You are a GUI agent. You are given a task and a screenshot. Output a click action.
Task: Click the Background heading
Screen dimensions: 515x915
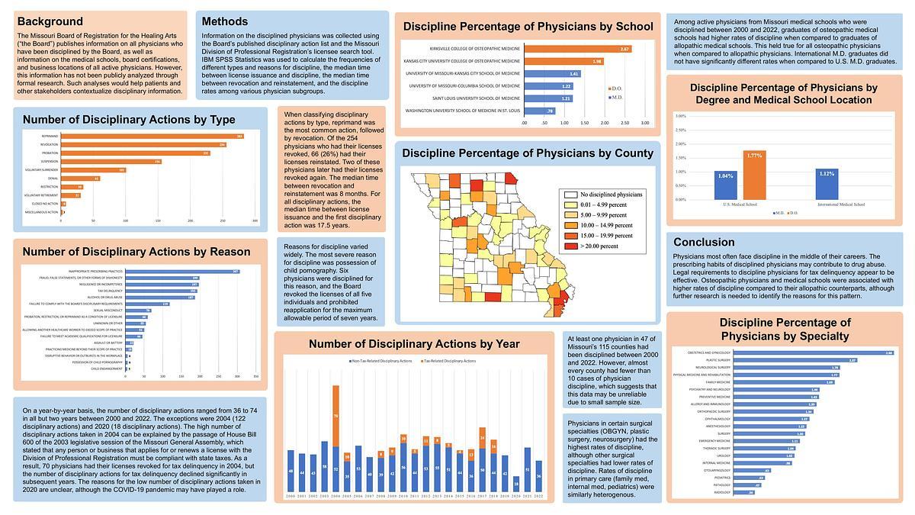(50, 21)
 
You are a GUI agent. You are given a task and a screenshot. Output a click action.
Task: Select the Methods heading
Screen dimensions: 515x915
(225, 21)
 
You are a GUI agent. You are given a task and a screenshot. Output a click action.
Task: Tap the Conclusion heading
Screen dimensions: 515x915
(703, 242)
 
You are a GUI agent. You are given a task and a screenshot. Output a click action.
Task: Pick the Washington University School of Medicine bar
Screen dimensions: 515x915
(539, 111)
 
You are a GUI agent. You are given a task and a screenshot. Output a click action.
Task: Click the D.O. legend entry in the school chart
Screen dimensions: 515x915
(615, 89)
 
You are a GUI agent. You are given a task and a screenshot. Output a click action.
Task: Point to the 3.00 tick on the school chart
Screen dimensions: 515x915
(644, 122)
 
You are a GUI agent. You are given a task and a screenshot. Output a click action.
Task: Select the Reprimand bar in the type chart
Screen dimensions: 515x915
(152, 136)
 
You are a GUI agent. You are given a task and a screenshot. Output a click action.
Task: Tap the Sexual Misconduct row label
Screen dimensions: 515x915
(111, 311)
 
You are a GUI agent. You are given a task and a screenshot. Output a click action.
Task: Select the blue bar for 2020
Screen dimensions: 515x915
(516, 483)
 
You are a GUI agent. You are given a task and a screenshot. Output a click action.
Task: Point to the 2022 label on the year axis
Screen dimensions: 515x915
(539, 496)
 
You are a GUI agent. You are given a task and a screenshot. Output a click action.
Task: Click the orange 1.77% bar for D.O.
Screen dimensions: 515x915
(753, 175)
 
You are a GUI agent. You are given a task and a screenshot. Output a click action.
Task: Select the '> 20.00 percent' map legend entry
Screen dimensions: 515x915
(599, 247)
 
